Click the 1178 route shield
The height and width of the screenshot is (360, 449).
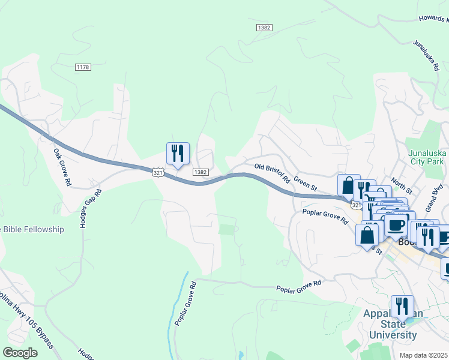[83, 67]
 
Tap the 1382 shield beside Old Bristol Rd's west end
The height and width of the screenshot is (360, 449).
[200, 172]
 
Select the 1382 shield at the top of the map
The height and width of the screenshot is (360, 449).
[264, 28]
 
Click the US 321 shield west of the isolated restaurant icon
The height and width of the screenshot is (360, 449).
[157, 172]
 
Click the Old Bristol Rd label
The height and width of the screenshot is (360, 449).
[273, 173]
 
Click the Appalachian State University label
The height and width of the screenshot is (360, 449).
[390, 324]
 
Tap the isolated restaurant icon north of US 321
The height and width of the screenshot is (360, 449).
[178, 154]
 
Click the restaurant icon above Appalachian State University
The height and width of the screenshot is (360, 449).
[402, 307]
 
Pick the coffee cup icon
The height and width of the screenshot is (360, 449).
[396, 226]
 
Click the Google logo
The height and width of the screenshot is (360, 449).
[20, 353]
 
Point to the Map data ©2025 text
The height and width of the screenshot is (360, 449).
[424, 355]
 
